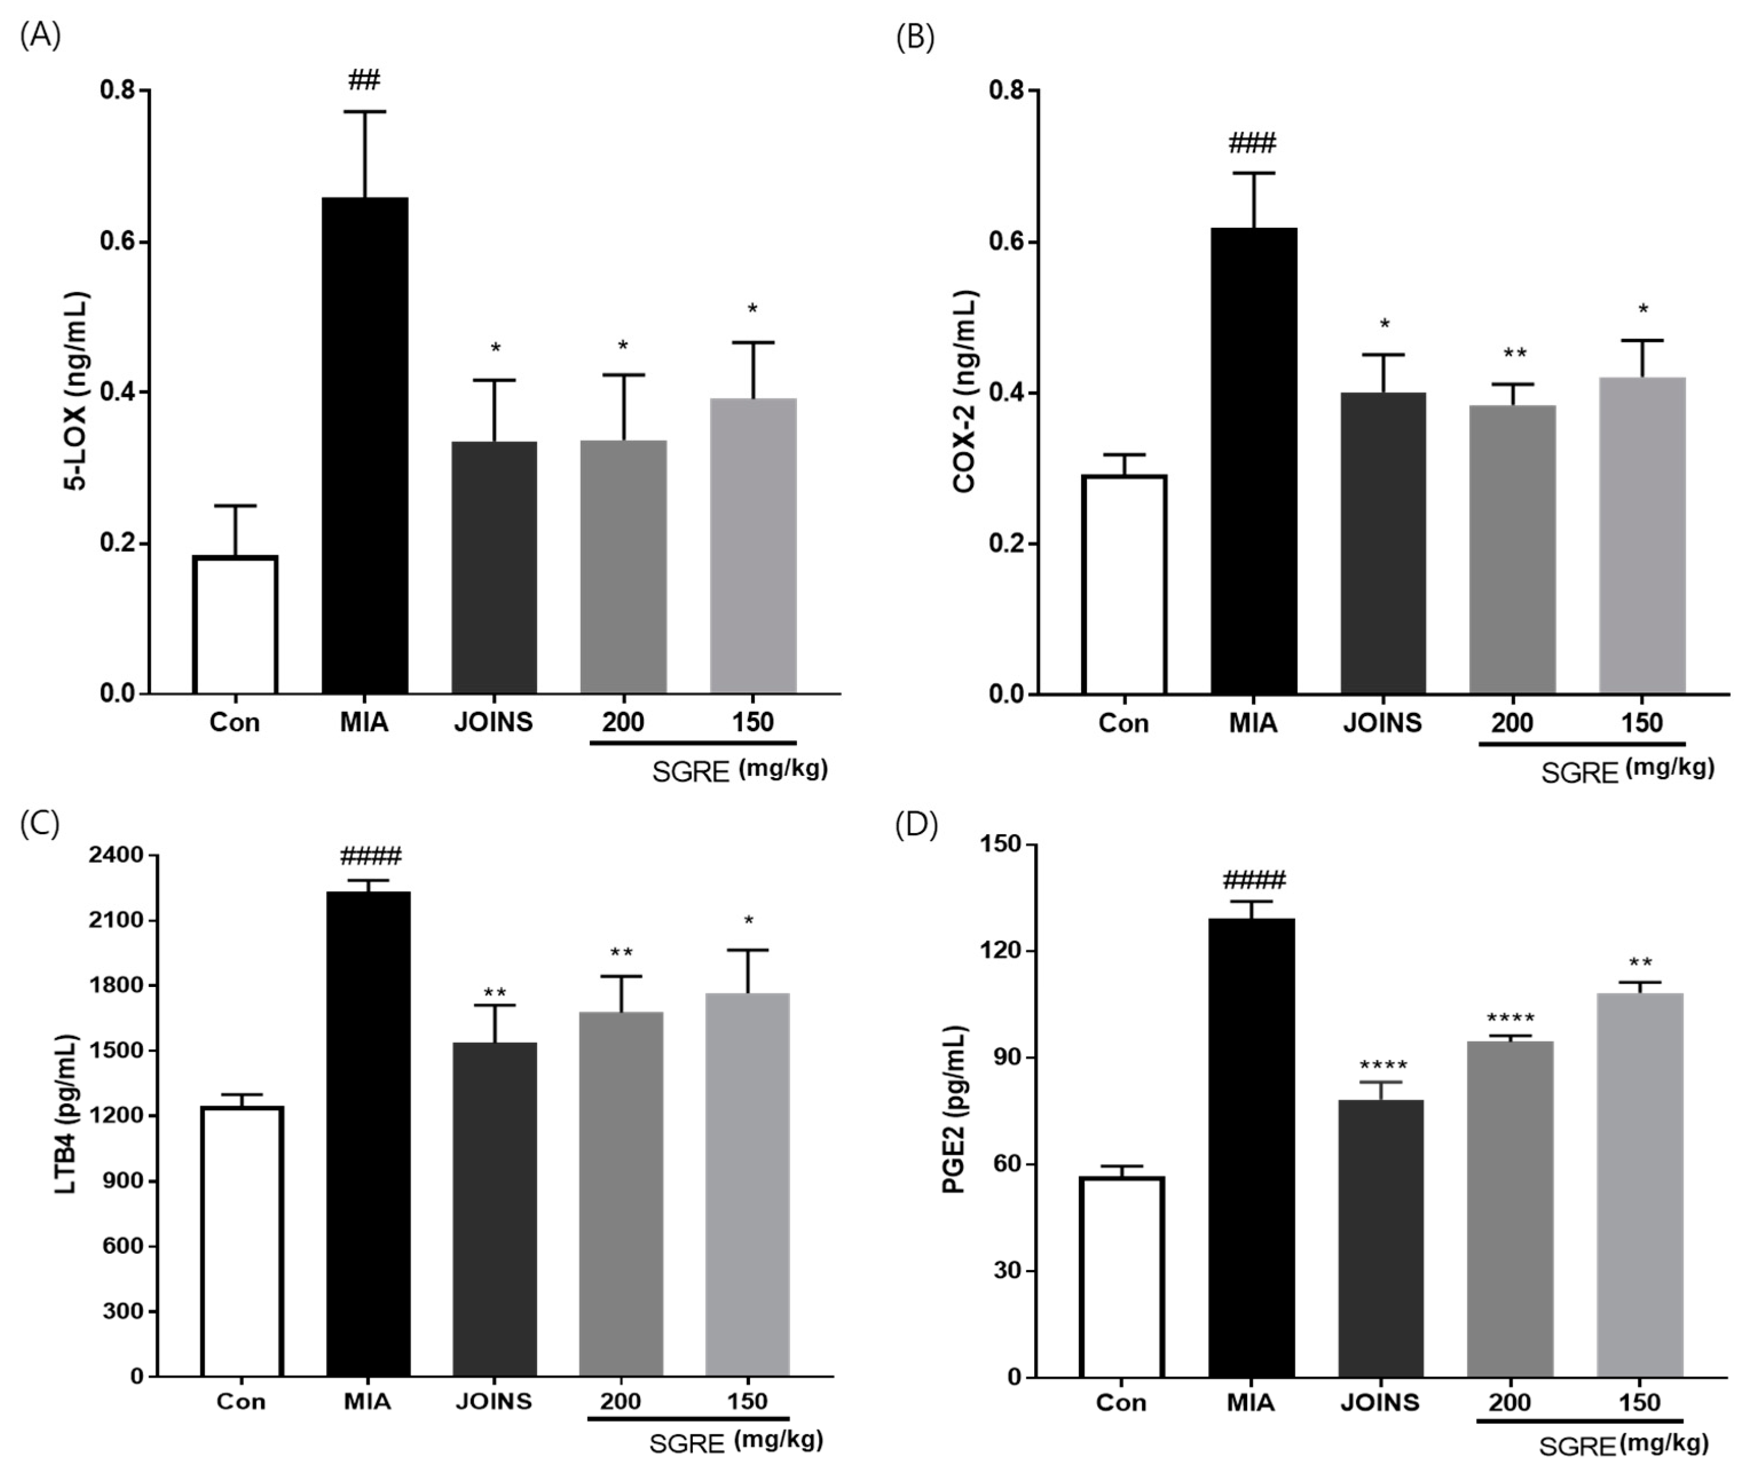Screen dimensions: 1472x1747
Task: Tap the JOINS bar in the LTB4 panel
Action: (x=494, y=1209)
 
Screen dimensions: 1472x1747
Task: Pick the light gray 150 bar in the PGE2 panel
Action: (x=1640, y=1185)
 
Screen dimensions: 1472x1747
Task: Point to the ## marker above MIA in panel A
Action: (x=365, y=81)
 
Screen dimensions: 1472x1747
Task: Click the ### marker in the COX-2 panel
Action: (x=1252, y=144)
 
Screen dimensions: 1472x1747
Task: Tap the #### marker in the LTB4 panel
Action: (x=370, y=856)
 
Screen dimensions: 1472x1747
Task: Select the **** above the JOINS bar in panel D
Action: (x=1383, y=1065)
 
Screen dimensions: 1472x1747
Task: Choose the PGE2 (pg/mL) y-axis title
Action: (x=953, y=1110)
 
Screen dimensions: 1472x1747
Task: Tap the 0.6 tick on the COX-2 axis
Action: (x=1007, y=242)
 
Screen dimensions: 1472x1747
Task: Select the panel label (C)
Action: (x=40, y=824)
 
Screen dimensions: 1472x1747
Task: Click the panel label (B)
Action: (x=915, y=38)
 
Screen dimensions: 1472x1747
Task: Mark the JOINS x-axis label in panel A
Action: (x=494, y=722)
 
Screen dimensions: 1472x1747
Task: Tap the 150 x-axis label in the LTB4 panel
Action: (x=747, y=1401)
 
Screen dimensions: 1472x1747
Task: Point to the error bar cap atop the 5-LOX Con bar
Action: (x=235, y=506)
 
